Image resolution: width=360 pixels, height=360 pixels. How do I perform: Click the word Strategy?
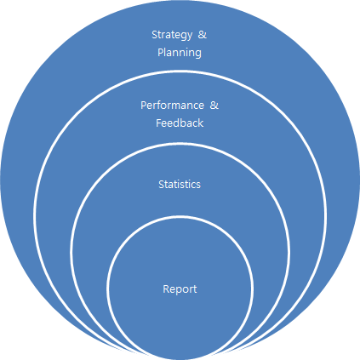172,35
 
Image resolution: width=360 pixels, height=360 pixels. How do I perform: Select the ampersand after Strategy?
203,34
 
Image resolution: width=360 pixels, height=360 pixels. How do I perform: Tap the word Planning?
180,53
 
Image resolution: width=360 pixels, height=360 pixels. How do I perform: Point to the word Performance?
172,106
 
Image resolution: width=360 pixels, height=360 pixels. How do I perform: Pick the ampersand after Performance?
214,106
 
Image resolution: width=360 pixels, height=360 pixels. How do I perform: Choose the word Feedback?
180,123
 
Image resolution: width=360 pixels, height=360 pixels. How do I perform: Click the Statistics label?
180,185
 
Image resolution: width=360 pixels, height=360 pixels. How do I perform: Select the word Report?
180,289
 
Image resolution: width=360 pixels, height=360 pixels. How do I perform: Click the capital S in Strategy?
155,35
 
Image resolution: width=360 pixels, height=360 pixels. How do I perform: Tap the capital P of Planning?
161,53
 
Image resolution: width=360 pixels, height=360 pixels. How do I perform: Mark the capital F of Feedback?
159,123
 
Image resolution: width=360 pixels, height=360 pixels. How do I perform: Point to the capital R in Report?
166,289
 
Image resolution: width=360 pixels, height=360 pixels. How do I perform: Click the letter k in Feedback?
201,123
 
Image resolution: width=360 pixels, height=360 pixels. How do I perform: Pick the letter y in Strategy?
189,37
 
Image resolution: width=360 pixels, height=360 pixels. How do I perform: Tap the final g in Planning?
198,54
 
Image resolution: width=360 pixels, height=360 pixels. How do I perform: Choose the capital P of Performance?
144,106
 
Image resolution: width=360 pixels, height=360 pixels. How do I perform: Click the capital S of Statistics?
162,185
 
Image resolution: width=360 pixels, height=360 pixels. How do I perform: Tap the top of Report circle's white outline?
180,217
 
